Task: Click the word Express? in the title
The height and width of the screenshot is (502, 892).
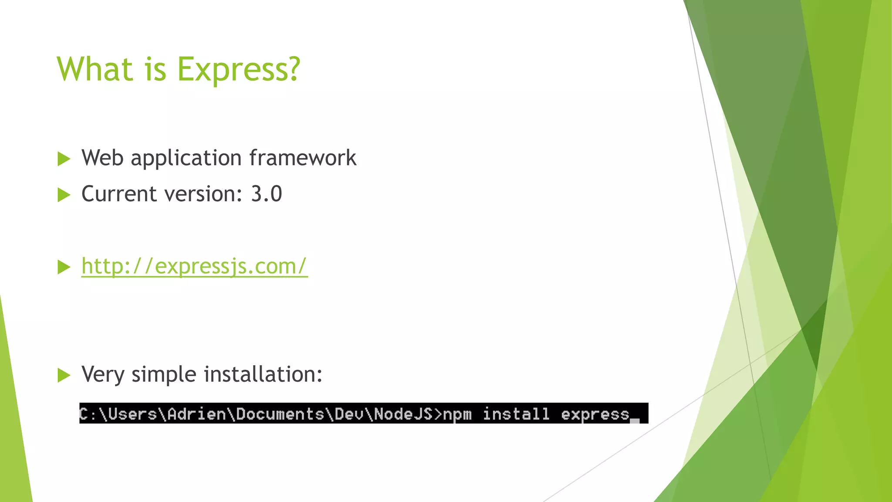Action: [239, 70]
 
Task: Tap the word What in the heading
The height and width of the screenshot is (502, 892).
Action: [95, 70]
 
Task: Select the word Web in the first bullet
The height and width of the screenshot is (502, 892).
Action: [102, 158]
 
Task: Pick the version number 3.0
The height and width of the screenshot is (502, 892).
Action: [267, 194]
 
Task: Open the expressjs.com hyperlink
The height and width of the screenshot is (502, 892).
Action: [194, 266]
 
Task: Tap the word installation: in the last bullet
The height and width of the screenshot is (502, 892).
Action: [263, 374]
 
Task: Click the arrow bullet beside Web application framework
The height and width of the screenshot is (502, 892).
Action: [64, 159]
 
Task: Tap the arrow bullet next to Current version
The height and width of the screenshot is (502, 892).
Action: [64, 195]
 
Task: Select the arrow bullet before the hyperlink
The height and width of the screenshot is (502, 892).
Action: [64, 267]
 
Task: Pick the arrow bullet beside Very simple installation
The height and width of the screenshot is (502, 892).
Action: [64, 375]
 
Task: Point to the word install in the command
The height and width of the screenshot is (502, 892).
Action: [516, 414]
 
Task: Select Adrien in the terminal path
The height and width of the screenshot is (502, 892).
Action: [197, 414]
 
